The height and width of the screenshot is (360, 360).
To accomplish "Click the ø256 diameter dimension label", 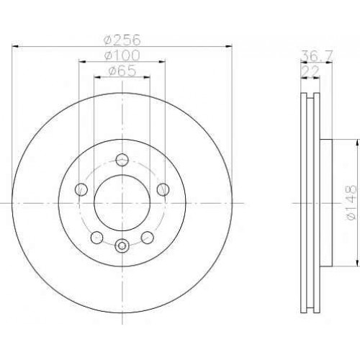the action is (x=122, y=40).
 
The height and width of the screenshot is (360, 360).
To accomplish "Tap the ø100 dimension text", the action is (x=122, y=55).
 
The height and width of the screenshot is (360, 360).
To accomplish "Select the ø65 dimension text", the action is (x=122, y=71).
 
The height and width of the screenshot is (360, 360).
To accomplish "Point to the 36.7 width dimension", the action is (x=317, y=56).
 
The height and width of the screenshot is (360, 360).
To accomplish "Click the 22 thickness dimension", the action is (x=310, y=71).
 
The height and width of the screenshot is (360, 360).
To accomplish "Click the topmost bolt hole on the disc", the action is (x=122, y=160).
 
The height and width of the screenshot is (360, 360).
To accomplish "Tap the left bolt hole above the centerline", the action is (x=81, y=189).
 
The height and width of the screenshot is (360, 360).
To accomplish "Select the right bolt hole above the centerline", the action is (x=163, y=189).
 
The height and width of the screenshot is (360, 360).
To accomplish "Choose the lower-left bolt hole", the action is (x=97, y=237).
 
